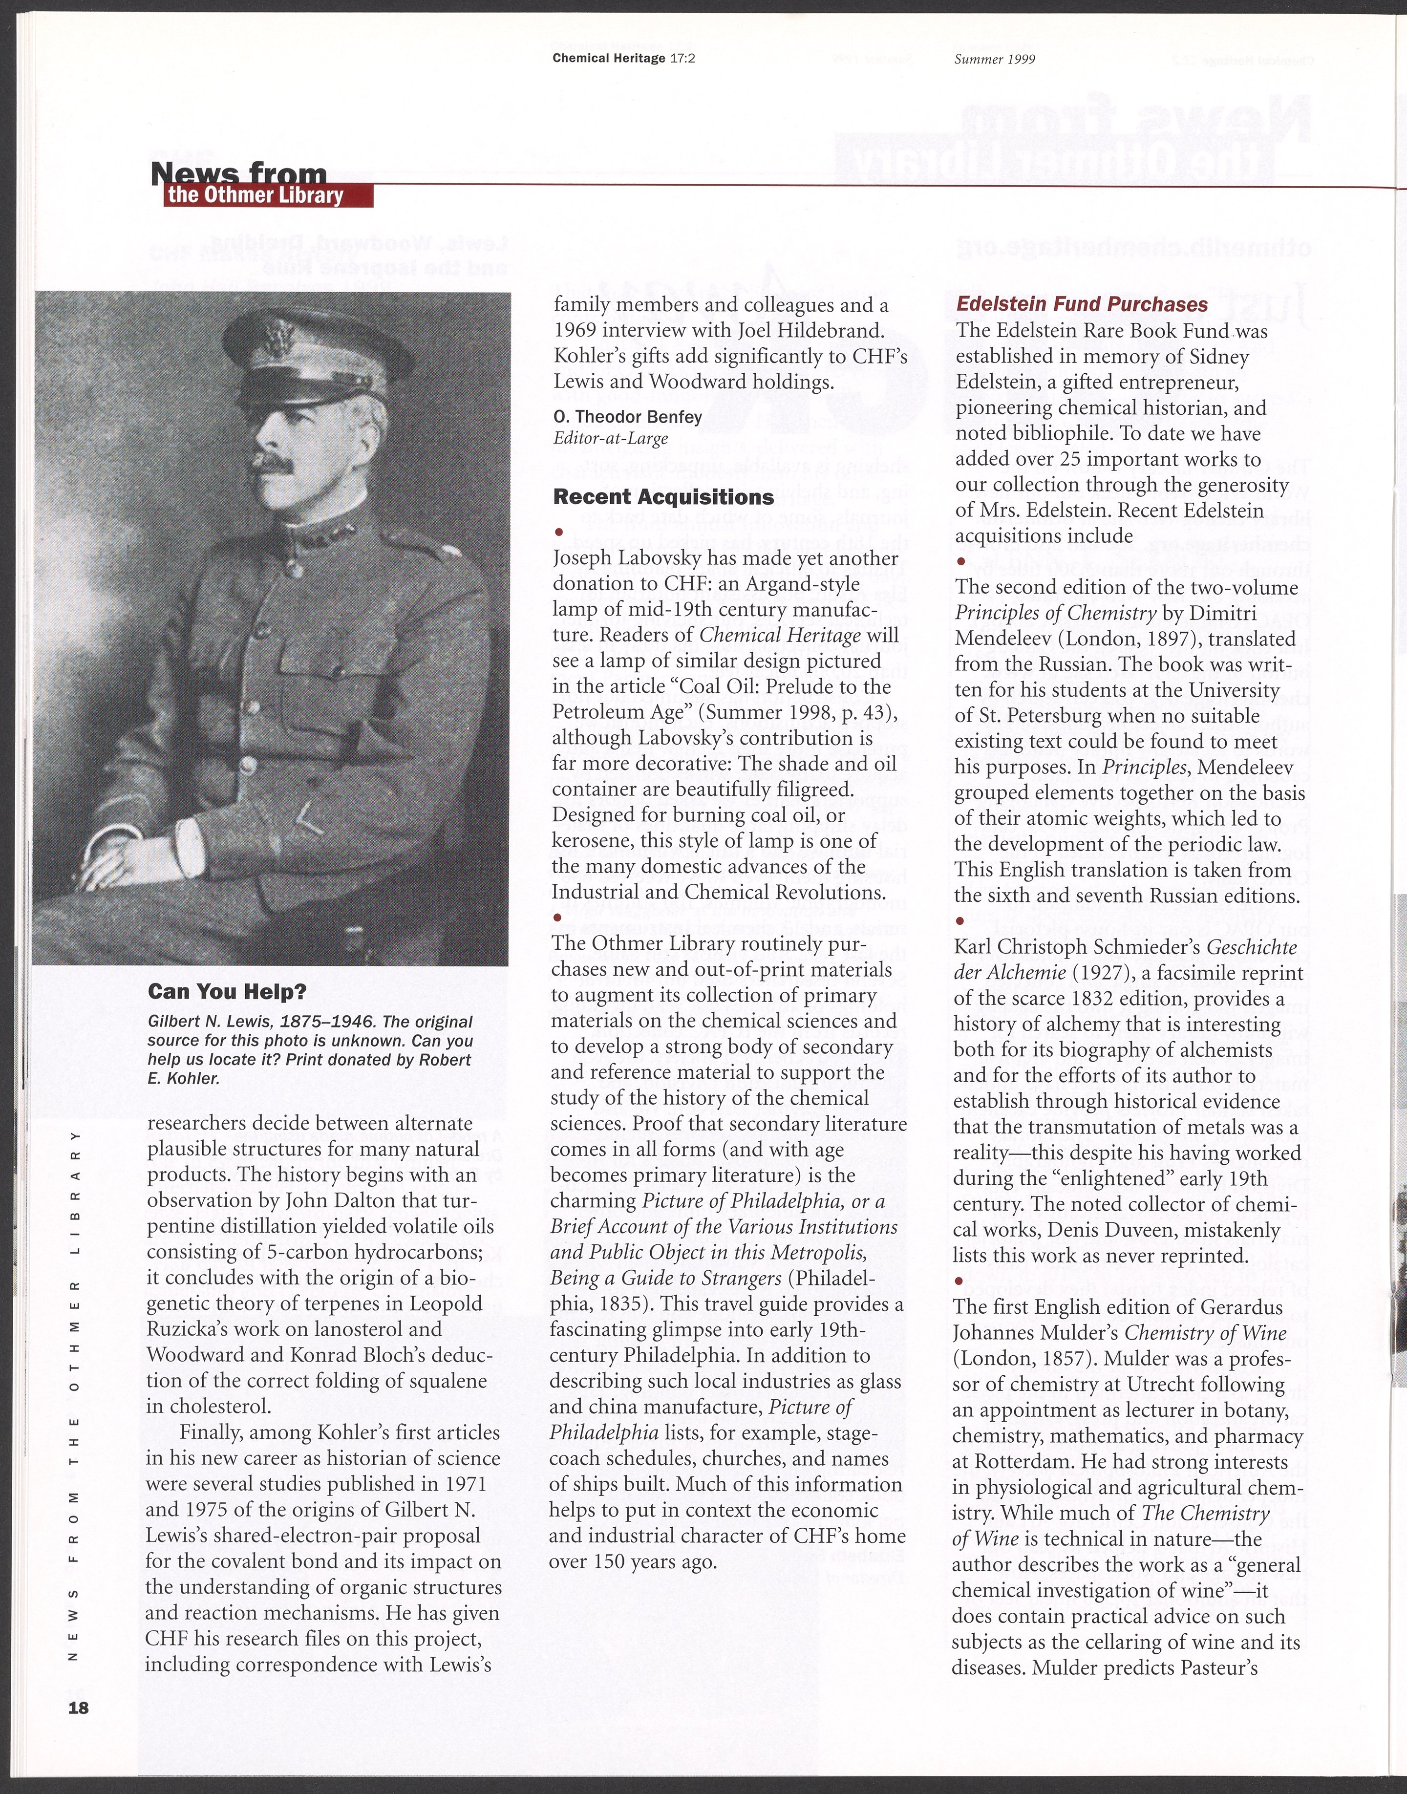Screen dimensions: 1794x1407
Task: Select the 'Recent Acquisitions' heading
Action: tap(663, 497)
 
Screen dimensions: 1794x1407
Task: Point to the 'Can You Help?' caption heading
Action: tap(227, 992)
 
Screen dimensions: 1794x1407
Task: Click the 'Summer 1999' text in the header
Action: tap(994, 59)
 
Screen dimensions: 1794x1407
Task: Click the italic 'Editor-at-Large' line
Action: tap(610, 438)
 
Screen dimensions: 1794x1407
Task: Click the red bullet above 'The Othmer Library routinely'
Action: tap(558, 917)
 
